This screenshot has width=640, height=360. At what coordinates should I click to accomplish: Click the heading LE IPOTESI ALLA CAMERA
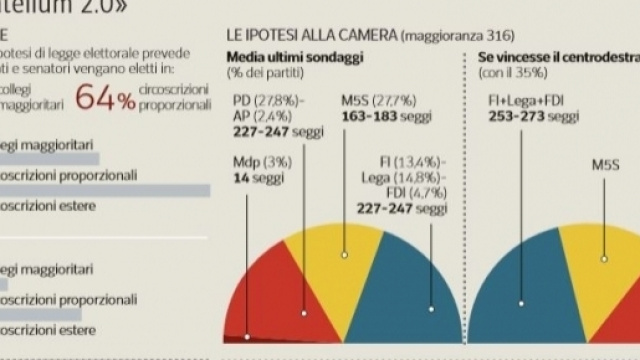coord(310,38)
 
